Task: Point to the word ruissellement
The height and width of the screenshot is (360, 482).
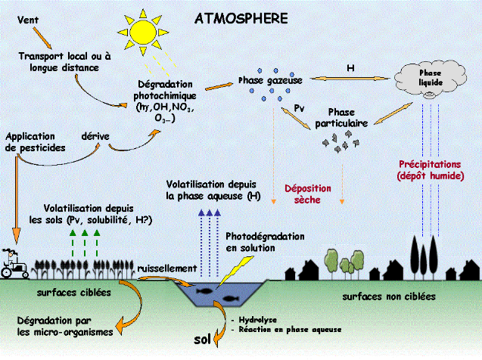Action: pos(167,268)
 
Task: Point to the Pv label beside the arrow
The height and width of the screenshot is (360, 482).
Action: pos(299,108)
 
